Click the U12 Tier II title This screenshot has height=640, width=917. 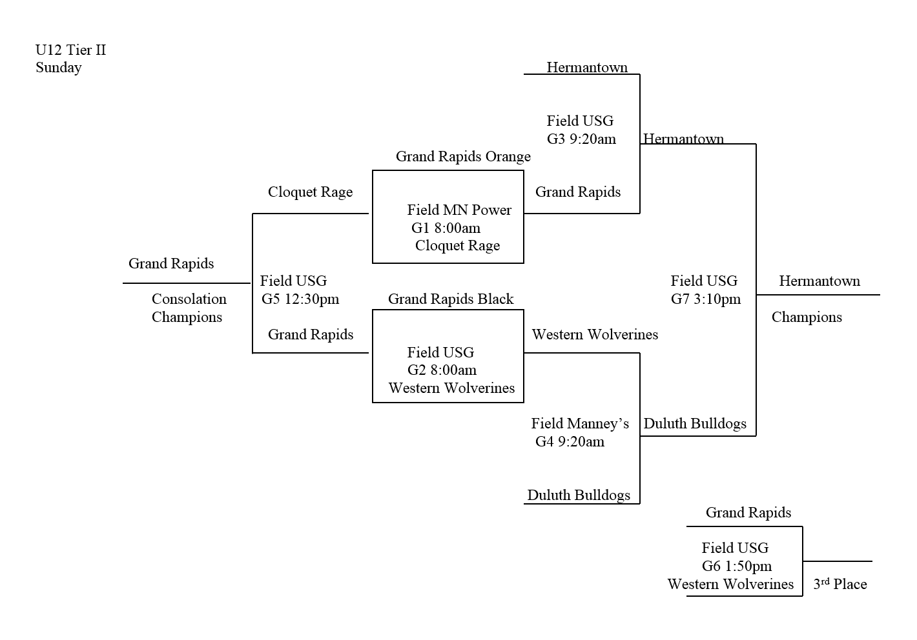tap(70, 50)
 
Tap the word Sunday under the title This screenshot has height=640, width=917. tap(59, 68)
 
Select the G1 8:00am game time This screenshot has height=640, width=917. tap(446, 228)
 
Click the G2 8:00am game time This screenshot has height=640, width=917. tap(442, 370)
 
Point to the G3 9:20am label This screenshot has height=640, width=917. tap(581, 139)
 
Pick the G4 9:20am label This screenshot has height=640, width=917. tap(570, 442)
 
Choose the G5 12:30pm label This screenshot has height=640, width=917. tap(300, 299)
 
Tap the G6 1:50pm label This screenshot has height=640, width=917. tap(736, 566)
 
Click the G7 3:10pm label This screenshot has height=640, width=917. tap(706, 299)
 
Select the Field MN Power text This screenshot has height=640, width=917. tap(459, 210)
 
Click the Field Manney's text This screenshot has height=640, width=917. tap(580, 424)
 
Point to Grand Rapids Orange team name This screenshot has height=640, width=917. tap(463, 157)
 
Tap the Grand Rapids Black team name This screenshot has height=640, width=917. tap(451, 299)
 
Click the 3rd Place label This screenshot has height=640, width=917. tap(840, 584)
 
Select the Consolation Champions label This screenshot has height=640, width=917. tap(188, 308)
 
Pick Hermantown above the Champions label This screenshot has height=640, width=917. tap(819, 281)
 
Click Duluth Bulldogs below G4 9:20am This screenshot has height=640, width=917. tap(579, 495)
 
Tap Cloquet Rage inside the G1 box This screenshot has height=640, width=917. tap(457, 246)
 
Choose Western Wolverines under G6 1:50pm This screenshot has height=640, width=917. tap(730, 585)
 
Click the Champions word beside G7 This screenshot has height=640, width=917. tap(807, 317)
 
